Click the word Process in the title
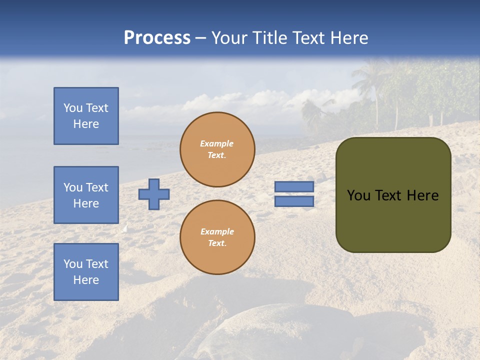(157, 38)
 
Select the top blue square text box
(86, 116)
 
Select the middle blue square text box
(86, 195)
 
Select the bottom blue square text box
(86, 272)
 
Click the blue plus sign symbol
(154, 194)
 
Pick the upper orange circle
(217, 149)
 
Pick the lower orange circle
(217, 237)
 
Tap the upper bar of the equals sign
(294, 186)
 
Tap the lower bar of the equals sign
(294, 201)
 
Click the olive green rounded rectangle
(393, 220)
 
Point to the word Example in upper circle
(217, 143)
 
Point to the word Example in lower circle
(217, 231)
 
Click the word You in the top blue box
(73, 108)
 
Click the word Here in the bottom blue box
(86, 280)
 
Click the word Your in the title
(229, 38)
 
